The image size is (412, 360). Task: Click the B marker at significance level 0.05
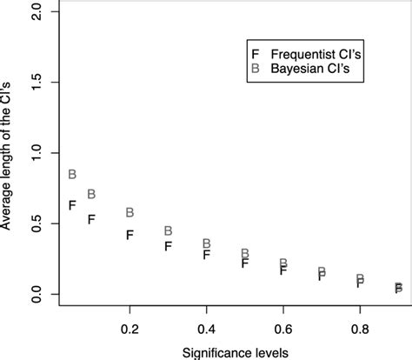coord(73,174)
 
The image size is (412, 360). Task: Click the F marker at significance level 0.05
coord(73,205)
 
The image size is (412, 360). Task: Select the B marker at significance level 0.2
coord(130,212)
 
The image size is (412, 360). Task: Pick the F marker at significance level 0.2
coord(130,235)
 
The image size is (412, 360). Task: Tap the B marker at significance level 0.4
coord(207,243)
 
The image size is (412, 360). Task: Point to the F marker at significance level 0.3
coord(169,246)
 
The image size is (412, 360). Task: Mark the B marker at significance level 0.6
coord(283,263)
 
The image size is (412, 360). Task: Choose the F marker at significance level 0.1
coord(92,219)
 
